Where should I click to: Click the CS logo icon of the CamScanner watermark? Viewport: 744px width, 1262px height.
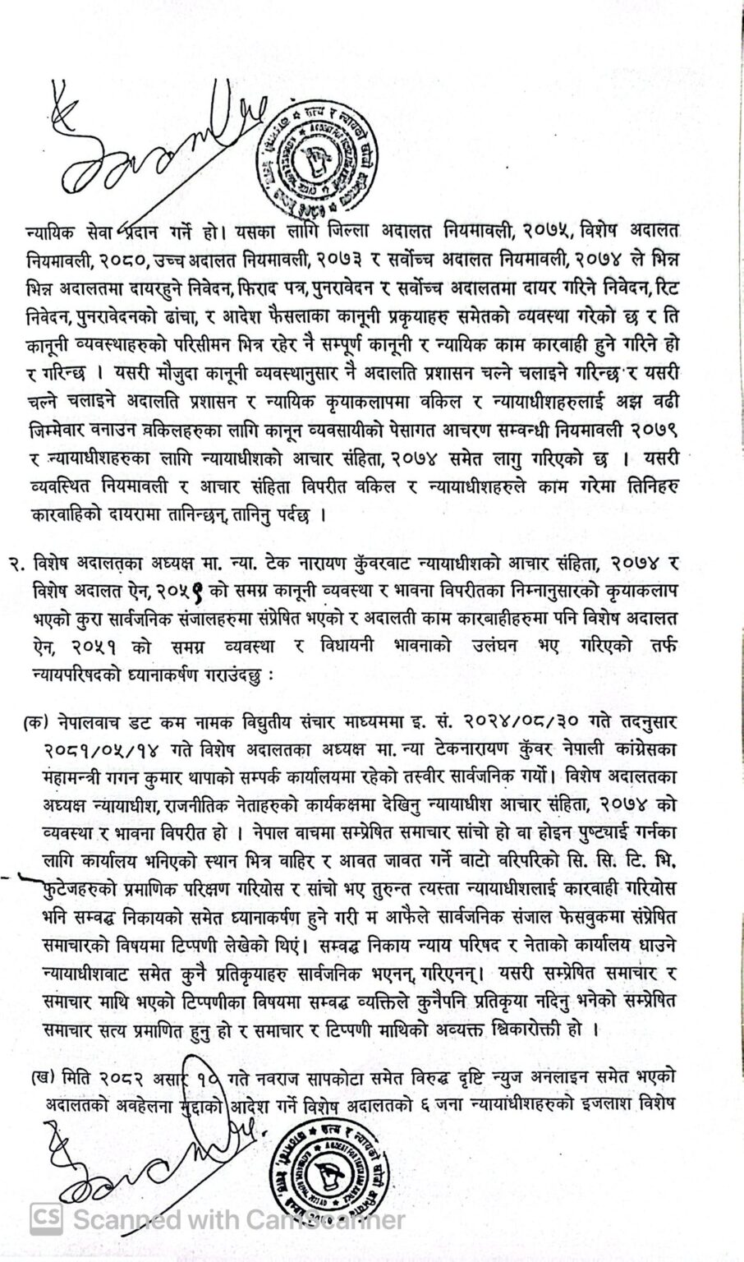coord(45,1218)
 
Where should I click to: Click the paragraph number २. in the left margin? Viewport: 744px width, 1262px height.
coord(17,564)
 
